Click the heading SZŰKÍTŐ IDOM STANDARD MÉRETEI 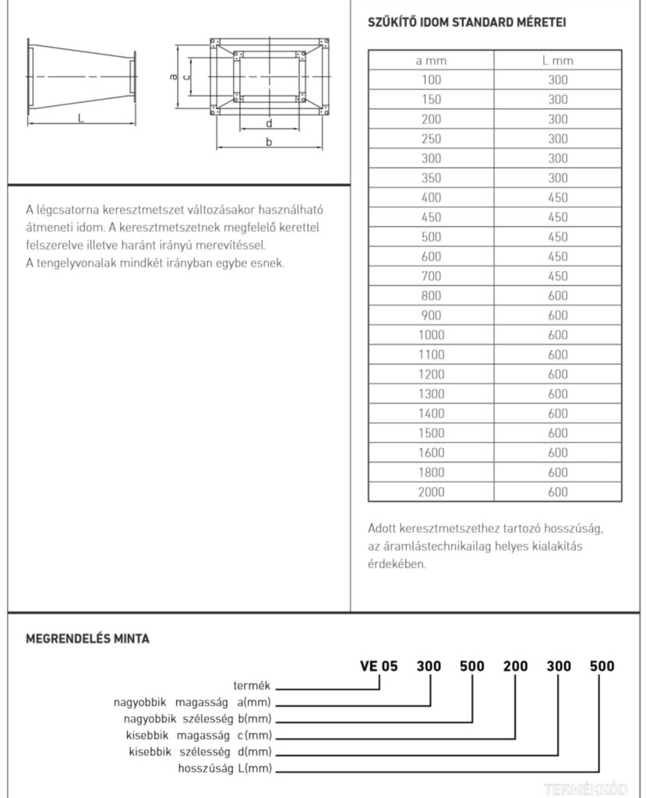467,22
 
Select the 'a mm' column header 431,60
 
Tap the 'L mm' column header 558,60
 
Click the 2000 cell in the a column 431,492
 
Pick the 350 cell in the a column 431,178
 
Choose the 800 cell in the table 431,295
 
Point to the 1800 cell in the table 431,472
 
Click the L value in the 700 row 558,276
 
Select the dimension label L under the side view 81,118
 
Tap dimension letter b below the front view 269,142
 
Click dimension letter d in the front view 269,123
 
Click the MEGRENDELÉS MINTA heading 87,639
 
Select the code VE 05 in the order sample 379,666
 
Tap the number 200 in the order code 515,666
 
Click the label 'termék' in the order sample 252,686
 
